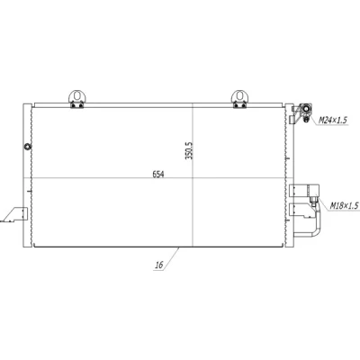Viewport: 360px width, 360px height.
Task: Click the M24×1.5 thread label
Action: click(x=332, y=121)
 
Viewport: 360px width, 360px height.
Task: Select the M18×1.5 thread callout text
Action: click(x=345, y=205)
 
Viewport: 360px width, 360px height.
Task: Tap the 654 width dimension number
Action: click(x=158, y=174)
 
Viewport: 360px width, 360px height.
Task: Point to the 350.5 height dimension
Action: click(x=189, y=150)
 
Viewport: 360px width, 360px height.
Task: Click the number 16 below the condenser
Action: click(x=159, y=265)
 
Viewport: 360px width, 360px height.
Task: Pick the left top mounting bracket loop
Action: click(x=77, y=95)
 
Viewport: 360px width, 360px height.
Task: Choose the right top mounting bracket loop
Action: click(x=239, y=95)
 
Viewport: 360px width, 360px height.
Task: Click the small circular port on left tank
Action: click(x=28, y=147)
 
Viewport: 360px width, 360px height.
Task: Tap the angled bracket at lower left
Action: click(x=15, y=214)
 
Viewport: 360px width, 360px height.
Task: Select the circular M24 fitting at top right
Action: click(x=306, y=109)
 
